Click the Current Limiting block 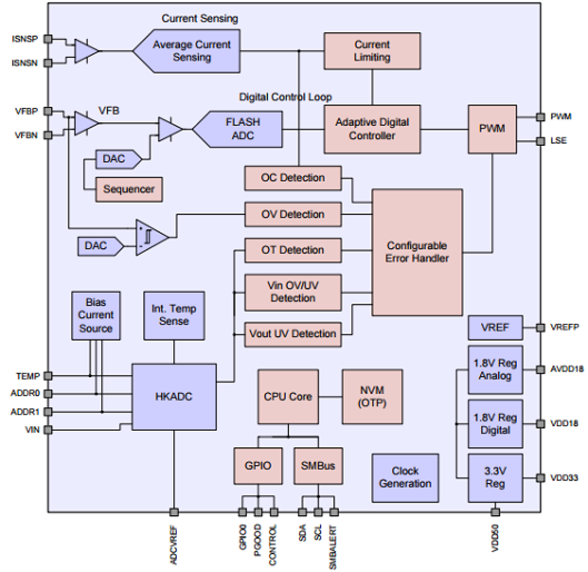pyautogui.click(x=372, y=51)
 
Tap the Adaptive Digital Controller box pyautogui.click(x=372, y=129)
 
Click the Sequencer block pyautogui.click(x=129, y=189)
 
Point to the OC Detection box pyautogui.click(x=293, y=178)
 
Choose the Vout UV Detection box pyautogui.click(x=293, y=334)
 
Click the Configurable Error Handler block pyautogui.click(x=417, y=252)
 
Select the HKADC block pyautogui.click(x=174, y=397)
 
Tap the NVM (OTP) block pyautogui.click(x=372, y=397)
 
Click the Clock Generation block pyautogui.click(x=405, y=477)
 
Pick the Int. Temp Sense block pyautogui.click(x=174, y=315)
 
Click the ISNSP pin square pyautogui.click(x=48, y=39)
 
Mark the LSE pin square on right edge pyautogui.click(x=540, y=141)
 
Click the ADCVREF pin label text pyautogui.click(x=174, y=545)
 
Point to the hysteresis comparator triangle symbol pyautogui.click(x=150, y=237)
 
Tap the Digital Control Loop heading pyautogui.click(x=285, y=97)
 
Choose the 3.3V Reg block pyautogui.click(x=495, y=477)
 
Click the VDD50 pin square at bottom pyautogui.click(x=495, y=512)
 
